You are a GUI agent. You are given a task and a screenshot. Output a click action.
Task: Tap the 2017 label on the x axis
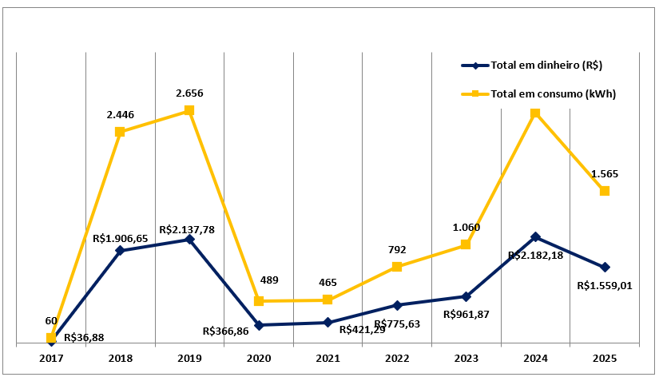click(x=51, y=359)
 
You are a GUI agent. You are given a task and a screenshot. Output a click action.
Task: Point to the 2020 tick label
click(x=259, y=359)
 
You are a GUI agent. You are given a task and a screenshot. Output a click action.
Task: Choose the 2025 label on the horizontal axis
click(x=605, y=359)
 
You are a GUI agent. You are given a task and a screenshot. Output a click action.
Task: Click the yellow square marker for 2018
click(x=120, y=132)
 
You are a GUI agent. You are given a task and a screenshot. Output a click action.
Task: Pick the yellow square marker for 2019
click(x=189, y=110)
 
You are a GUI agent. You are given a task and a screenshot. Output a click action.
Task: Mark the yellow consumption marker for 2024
click(x=535, y=113)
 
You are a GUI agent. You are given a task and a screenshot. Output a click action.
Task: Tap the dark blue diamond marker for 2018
click(x=120, y=251)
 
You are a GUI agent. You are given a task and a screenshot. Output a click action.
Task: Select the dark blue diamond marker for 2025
click(x=605, y=267)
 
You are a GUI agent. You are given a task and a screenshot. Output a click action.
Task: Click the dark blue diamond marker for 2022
click(x=397, y=305)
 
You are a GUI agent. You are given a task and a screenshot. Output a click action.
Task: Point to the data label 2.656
click(x=189, y=93)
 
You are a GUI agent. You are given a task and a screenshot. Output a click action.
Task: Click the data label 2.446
click(x=121, y=114)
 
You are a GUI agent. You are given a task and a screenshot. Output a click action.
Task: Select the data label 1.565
click(x=605, y=173)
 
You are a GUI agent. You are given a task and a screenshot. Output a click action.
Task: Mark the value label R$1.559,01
click(x=605, y=285)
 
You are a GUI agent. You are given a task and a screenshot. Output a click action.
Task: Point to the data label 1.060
click(x=466, y=228)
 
